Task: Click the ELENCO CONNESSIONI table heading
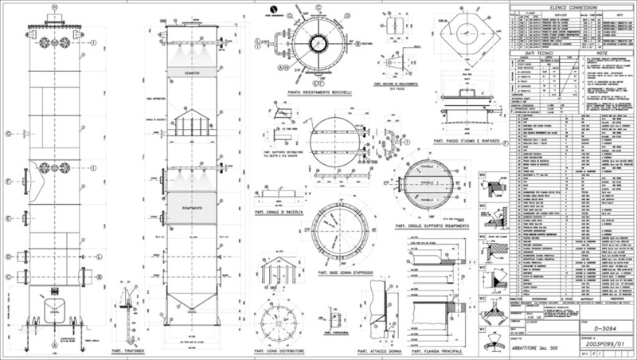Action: tap(567, 6)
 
